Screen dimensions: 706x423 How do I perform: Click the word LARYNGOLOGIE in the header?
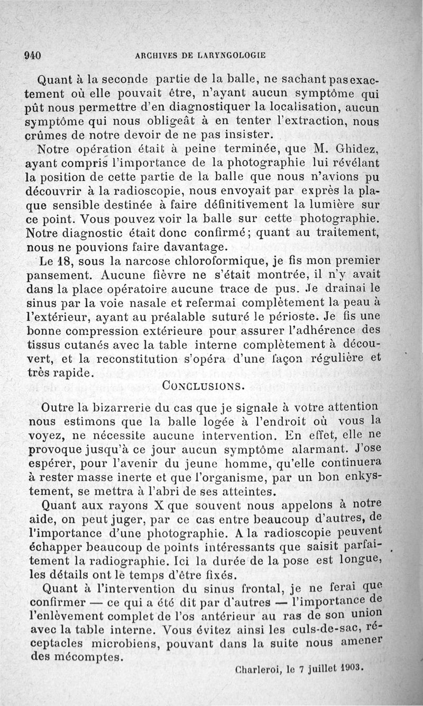point(231,55)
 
